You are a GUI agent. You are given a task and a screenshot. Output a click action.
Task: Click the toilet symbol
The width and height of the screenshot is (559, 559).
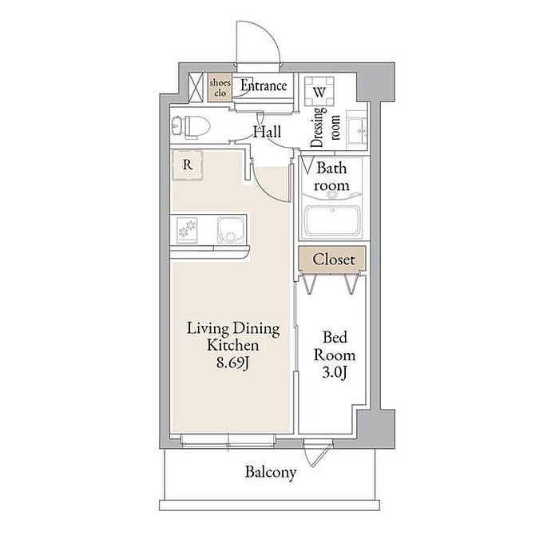[191, 126]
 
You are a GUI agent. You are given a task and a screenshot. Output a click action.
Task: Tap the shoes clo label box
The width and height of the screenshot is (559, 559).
[220, 88]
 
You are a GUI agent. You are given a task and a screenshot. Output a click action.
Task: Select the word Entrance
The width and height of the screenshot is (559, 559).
[264, 85]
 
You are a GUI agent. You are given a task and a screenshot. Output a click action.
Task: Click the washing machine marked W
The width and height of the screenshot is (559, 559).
[319, 92]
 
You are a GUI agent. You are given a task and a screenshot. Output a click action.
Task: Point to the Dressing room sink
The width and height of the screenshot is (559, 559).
[357, 130]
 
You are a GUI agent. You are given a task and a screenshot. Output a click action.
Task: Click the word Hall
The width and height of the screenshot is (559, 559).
[267, 132]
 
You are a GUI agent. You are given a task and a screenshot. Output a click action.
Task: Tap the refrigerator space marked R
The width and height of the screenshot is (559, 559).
[188, 165]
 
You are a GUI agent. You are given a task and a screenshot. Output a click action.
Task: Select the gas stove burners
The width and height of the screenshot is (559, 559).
[187, 230]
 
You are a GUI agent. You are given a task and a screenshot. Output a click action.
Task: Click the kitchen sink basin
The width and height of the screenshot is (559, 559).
[231, 230]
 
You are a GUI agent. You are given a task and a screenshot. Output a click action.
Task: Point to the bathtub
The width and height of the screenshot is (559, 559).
[332, 220]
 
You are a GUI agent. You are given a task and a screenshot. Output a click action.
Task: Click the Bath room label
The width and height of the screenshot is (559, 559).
[331, 176]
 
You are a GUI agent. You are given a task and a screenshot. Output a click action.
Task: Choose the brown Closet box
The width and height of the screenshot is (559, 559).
[332, 259]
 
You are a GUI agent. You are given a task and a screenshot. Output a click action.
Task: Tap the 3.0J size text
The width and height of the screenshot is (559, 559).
[335, 373]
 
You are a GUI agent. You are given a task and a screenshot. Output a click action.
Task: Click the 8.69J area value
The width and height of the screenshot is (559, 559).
[232, 363]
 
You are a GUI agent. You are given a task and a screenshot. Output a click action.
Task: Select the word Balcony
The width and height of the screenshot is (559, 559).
[271, 473]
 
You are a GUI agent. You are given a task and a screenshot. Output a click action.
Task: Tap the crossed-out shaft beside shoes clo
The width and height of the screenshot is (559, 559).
[196, 87]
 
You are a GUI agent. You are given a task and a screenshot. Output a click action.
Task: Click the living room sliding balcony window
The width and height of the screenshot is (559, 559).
[228, 440]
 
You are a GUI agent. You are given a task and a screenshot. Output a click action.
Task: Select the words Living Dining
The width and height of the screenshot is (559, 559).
[233, 329]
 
